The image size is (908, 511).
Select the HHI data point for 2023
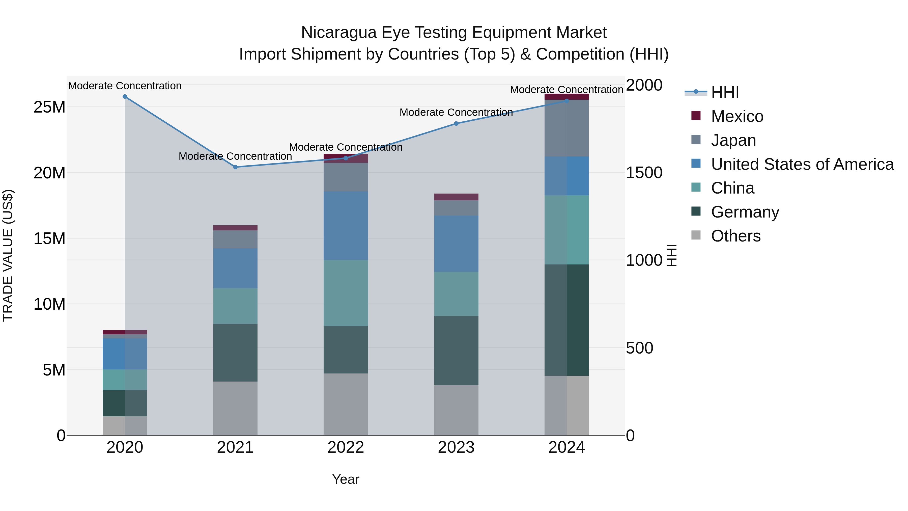(x=456, y=123)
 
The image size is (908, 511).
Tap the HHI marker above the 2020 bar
(x=125, y=97)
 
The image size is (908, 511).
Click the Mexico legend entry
(x=737, y=116)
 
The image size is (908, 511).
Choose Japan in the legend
(x=733, y=140)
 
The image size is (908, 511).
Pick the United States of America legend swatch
(x=696, y=164)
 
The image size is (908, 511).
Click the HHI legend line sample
(x=696, y=92)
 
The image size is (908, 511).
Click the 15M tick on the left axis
(x=49, y=239)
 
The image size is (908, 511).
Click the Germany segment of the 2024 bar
(x=566, y=320)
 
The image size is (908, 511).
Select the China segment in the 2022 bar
(x=346, y=293)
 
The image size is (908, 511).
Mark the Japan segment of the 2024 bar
(x=566, y=128)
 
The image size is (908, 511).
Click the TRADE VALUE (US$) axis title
(x=8, y=255)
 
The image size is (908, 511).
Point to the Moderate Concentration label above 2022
(x=346, y=147)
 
